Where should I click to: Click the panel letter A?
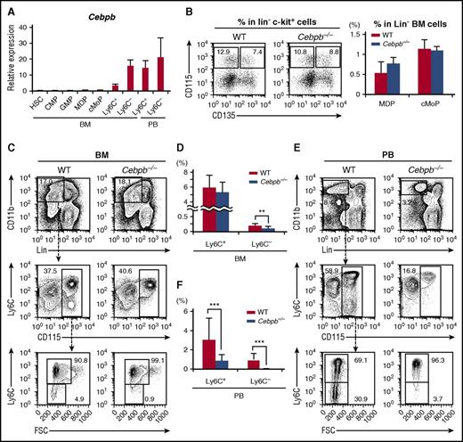point(7,8)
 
